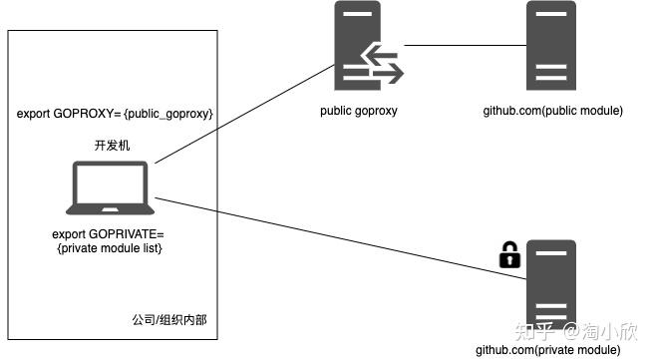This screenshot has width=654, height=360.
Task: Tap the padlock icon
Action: (x=510, y=255)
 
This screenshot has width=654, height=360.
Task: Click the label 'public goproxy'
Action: (x=359, y=111)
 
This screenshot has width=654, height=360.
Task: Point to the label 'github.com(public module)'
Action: (x=552, y=111)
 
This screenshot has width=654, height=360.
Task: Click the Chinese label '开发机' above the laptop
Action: (x=112, y=146)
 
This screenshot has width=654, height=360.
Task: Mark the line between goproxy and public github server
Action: (x=465, y=45)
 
